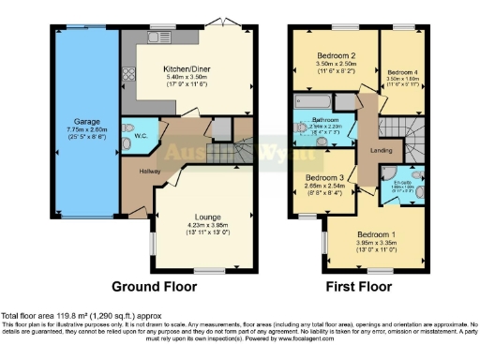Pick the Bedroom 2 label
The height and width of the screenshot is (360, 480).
tap(335, 56)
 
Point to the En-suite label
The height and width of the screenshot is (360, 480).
tap(403, 180)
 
